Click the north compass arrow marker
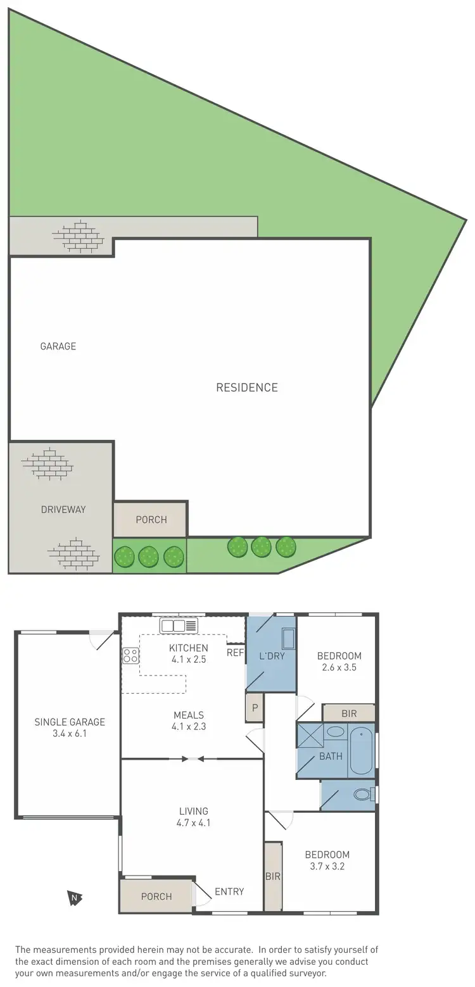75,897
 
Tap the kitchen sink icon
179,626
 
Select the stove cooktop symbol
130,655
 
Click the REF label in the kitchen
235,653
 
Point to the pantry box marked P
255,708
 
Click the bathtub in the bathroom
362,752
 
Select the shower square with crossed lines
310,736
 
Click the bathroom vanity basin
336,732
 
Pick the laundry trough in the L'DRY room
288,639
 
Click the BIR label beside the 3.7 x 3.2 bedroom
273,877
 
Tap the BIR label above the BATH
349,714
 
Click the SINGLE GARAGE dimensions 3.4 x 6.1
70,734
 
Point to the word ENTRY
229,891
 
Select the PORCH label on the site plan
151,520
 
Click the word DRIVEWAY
63,509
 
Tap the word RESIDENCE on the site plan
247,387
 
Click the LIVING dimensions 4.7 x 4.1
193,823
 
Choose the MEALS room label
189,715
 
